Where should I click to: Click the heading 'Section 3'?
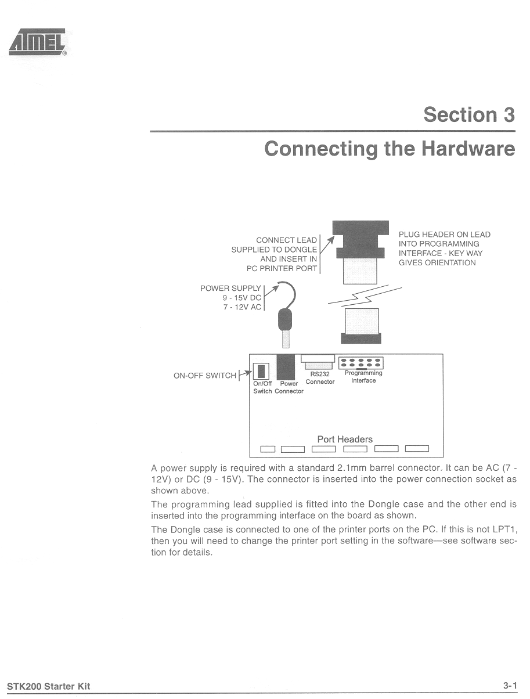[468, 114]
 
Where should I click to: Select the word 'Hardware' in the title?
[468, 149]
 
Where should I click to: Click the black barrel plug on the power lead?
[284, 320]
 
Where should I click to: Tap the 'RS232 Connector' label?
[320, 378]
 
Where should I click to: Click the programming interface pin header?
[360, 363]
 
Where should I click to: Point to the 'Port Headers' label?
[345, 439]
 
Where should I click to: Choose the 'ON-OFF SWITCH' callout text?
[205, 376]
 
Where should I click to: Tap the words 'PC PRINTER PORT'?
[282, 268]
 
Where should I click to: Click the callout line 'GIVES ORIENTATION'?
[437, 262]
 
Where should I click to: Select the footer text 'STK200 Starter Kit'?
[49, 686]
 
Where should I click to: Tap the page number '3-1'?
[510, 686]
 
